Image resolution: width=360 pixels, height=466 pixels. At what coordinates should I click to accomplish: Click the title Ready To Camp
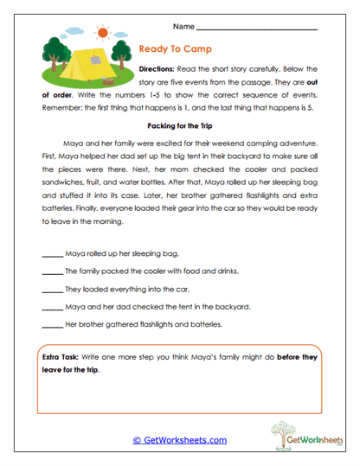coord(176,49)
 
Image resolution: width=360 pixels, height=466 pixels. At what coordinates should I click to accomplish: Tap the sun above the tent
coord(105,33)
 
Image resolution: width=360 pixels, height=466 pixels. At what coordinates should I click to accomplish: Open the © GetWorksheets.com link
coord(179,439)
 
